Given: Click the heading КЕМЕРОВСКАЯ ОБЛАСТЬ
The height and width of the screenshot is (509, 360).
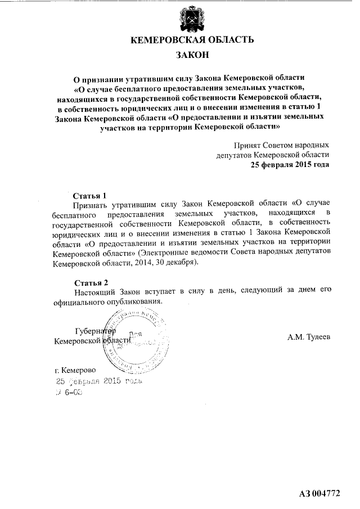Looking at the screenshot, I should point(192,40).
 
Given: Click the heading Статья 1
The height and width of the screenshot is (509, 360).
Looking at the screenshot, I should point(90,196).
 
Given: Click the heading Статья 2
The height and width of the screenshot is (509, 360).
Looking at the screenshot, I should point(90,282).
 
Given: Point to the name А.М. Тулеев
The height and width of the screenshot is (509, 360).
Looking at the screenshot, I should point(309,337).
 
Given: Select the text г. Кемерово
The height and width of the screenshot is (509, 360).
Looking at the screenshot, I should point(75,371).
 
